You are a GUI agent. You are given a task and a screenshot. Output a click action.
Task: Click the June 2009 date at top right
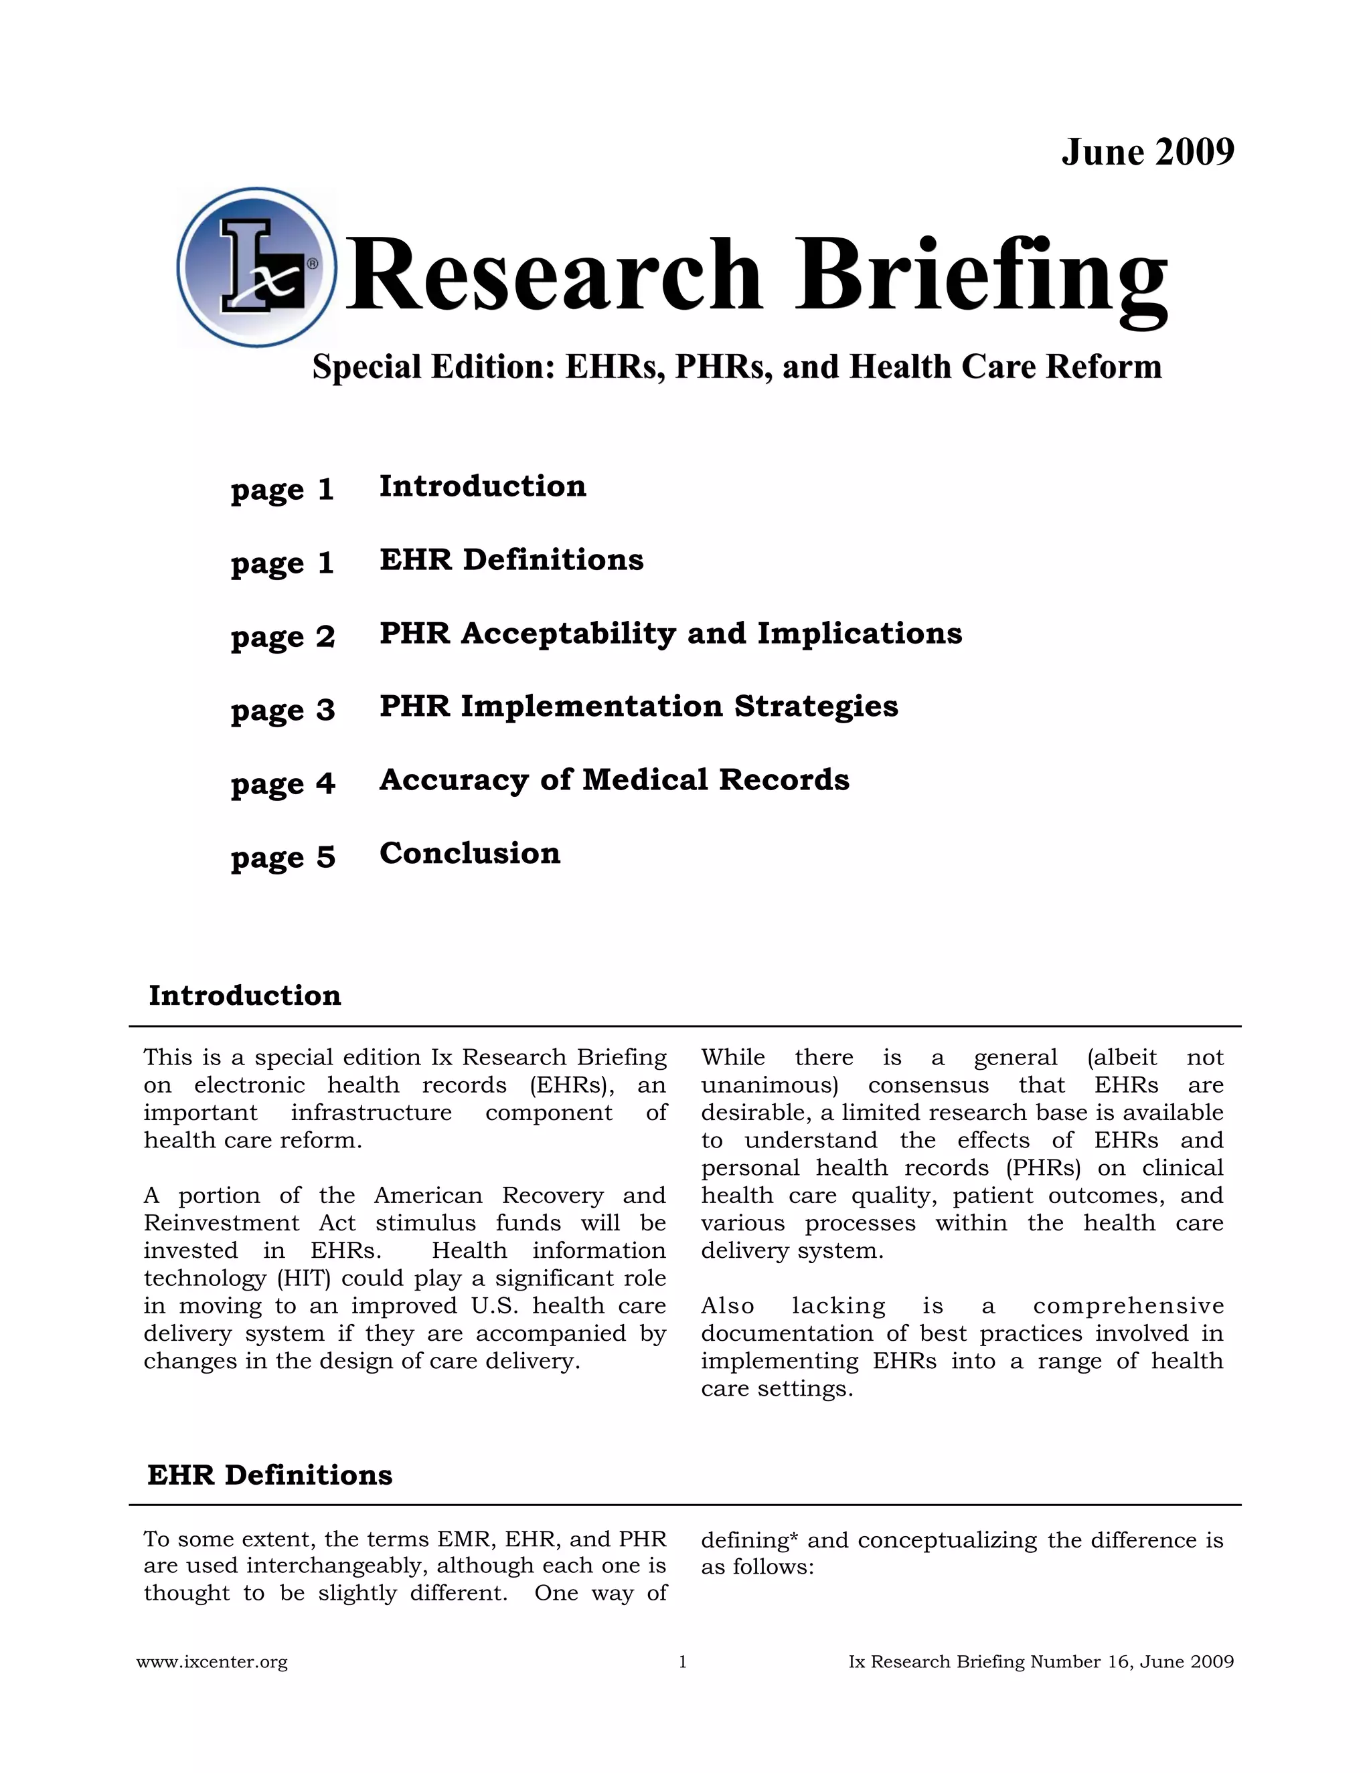tap(1147, 153)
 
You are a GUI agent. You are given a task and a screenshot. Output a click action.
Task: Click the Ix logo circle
tap(256, 268)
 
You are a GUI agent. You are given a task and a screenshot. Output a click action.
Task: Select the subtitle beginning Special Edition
tap(736, 367)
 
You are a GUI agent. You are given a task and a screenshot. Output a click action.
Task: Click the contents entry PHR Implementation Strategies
tap(639, 707)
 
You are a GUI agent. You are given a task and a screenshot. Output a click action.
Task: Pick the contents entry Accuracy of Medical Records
tap(614, 780)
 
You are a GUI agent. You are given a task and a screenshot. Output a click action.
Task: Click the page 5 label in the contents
tap(283, 857)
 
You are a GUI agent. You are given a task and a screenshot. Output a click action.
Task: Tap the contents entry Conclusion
tap(469, 853)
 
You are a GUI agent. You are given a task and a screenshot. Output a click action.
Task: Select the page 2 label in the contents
tap(283, 636)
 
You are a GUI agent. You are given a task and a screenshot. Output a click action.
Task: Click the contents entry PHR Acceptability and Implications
tap(670, 633)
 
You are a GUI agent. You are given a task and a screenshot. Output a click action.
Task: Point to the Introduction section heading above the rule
tap(244, 996)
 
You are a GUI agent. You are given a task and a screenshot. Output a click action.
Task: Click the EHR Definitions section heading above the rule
tap(270, 1475)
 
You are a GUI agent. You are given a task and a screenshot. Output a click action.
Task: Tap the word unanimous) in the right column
tap(769, 1085)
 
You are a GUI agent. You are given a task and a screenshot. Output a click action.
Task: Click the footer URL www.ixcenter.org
tap(212, 1662)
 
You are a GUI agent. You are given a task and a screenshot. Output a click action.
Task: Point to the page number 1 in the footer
tap(682, 1662)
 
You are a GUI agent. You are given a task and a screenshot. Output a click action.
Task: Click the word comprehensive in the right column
tap(1127, 1306)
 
